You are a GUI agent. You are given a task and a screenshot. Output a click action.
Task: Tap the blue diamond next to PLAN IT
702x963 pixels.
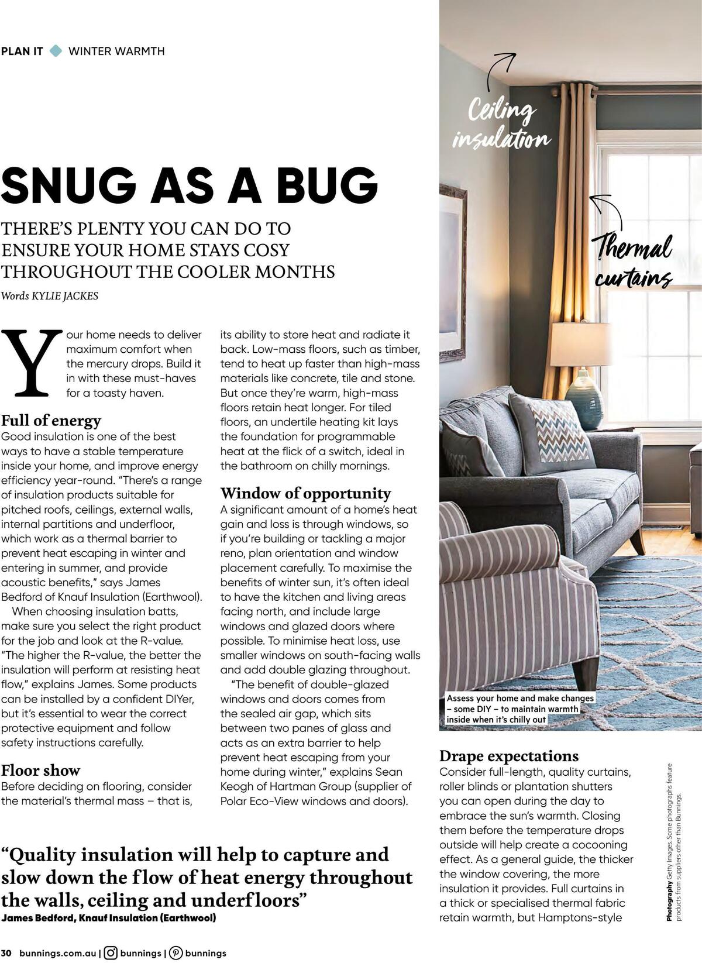coord(56,51)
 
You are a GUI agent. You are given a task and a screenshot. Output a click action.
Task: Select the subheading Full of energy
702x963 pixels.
coord(51,421)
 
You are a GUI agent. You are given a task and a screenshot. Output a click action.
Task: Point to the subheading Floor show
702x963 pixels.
coord(40,770)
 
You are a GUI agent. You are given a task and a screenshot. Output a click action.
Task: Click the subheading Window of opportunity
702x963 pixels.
coord(305,493)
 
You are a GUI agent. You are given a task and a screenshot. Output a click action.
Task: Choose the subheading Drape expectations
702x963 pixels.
coord(509,756)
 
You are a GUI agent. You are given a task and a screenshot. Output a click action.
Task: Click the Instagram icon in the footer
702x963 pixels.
coord(111,953)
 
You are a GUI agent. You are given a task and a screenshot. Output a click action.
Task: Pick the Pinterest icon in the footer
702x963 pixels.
coord(175,953)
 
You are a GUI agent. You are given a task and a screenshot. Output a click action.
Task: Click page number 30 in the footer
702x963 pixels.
coord(6,953)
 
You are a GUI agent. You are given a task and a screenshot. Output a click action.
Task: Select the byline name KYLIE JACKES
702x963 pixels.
coord(68,296)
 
